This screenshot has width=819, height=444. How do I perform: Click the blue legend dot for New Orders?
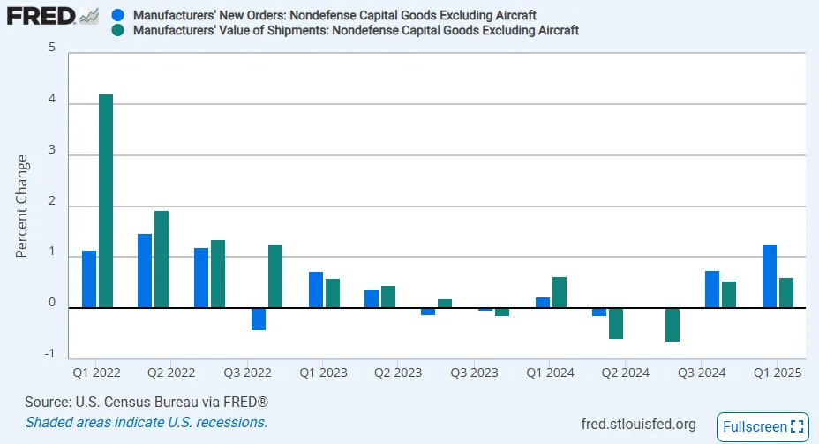(118, 16)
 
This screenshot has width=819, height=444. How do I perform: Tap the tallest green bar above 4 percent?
(106, 200)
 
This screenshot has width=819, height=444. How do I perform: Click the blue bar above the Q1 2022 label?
(89, 279)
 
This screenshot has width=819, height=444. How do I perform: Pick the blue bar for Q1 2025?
(769, 275)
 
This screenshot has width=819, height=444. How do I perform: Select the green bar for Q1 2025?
(785, 292)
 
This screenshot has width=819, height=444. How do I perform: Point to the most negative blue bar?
(259, 319)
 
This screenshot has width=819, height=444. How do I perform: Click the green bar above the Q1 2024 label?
(559, 292)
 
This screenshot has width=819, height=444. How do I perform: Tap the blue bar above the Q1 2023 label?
(316, 290)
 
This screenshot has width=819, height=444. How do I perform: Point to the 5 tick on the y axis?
(51, 49)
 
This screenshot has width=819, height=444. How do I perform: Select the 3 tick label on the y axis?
(51, 151)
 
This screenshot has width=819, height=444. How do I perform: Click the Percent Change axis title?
(22, 207)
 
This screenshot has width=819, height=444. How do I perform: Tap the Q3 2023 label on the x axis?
(474, 373)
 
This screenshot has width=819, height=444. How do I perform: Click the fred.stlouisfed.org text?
(639, 424)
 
